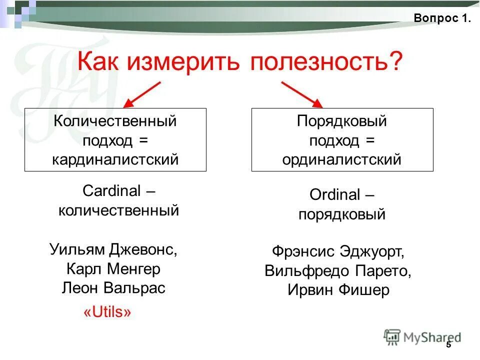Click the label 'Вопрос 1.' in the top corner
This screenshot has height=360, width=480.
[442, 18]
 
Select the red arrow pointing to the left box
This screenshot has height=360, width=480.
[142, 94]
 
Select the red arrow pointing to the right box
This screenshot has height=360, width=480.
[302, 94]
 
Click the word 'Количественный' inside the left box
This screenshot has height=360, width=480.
[115, 121]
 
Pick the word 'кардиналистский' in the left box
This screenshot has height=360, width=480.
[115, 159]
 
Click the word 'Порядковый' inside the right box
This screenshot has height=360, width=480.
[342, 121]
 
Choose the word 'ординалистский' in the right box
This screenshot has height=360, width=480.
[342, 159]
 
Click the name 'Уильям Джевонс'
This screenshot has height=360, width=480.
[113, 249]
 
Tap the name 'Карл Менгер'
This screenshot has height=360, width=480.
[113, 269]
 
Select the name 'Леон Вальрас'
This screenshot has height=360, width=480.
[113, 288]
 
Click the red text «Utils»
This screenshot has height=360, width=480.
[107, 313]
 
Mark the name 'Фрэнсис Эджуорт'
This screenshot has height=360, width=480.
[338, 251]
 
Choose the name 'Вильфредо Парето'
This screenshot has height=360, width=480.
[338, 271]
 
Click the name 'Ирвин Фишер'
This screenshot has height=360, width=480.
[338, 290]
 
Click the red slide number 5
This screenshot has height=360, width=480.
[448, 345]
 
